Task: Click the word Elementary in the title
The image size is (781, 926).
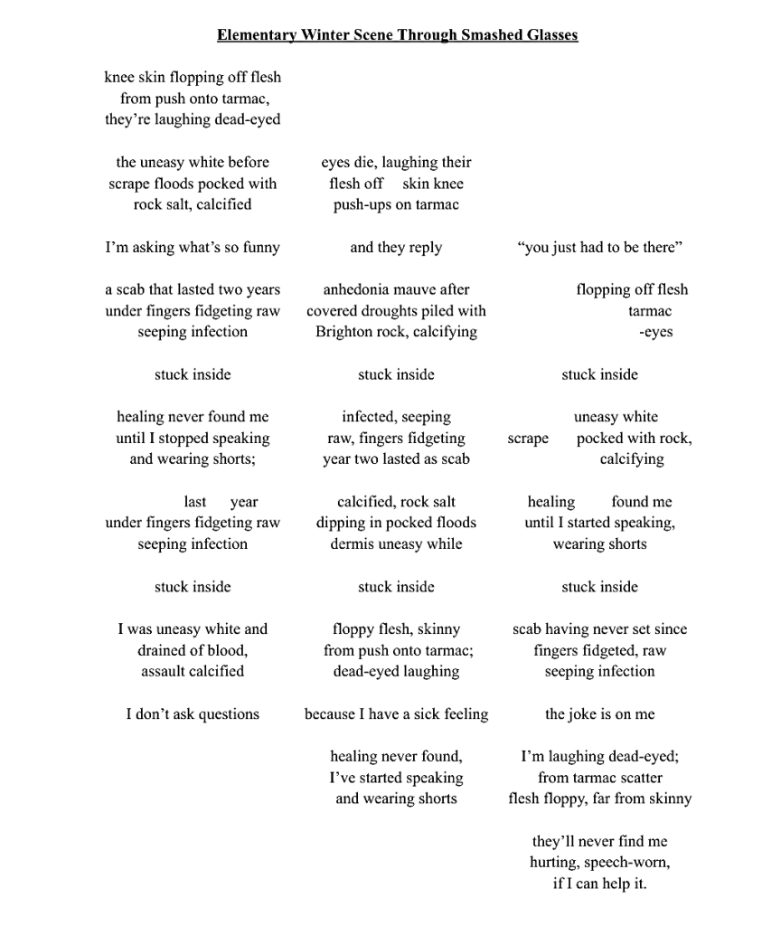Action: click(x=256, y=35)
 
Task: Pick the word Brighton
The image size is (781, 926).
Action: click(x=344, y=332)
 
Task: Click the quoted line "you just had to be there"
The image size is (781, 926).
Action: click(x=599, y=248)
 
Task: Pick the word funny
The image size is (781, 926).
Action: click(x=259, y=248)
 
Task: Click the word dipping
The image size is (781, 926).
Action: click(x=339, y=523)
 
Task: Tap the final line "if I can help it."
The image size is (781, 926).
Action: click(x=599, y=883)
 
